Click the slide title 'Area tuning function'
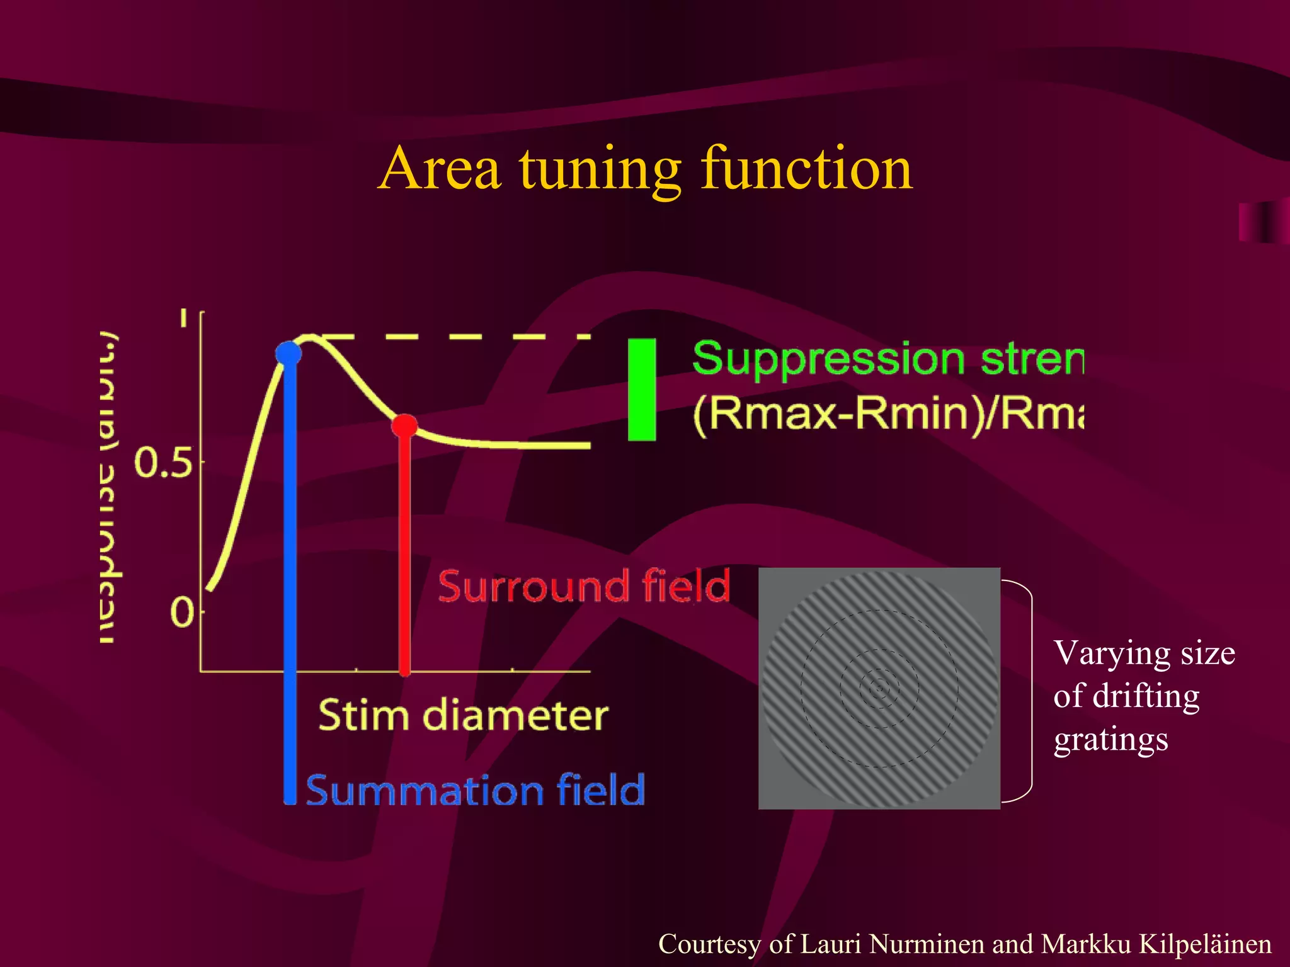point(645,168)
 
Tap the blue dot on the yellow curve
point(289,353)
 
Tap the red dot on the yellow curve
point(404,426)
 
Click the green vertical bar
point(642,389)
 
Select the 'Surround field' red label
point(584,586)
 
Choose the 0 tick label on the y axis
point(182,612)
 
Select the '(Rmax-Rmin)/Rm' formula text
point(888,414)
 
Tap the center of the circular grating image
point(879,688)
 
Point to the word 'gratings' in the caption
point(1111,739)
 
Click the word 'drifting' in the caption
point(1146,696)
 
